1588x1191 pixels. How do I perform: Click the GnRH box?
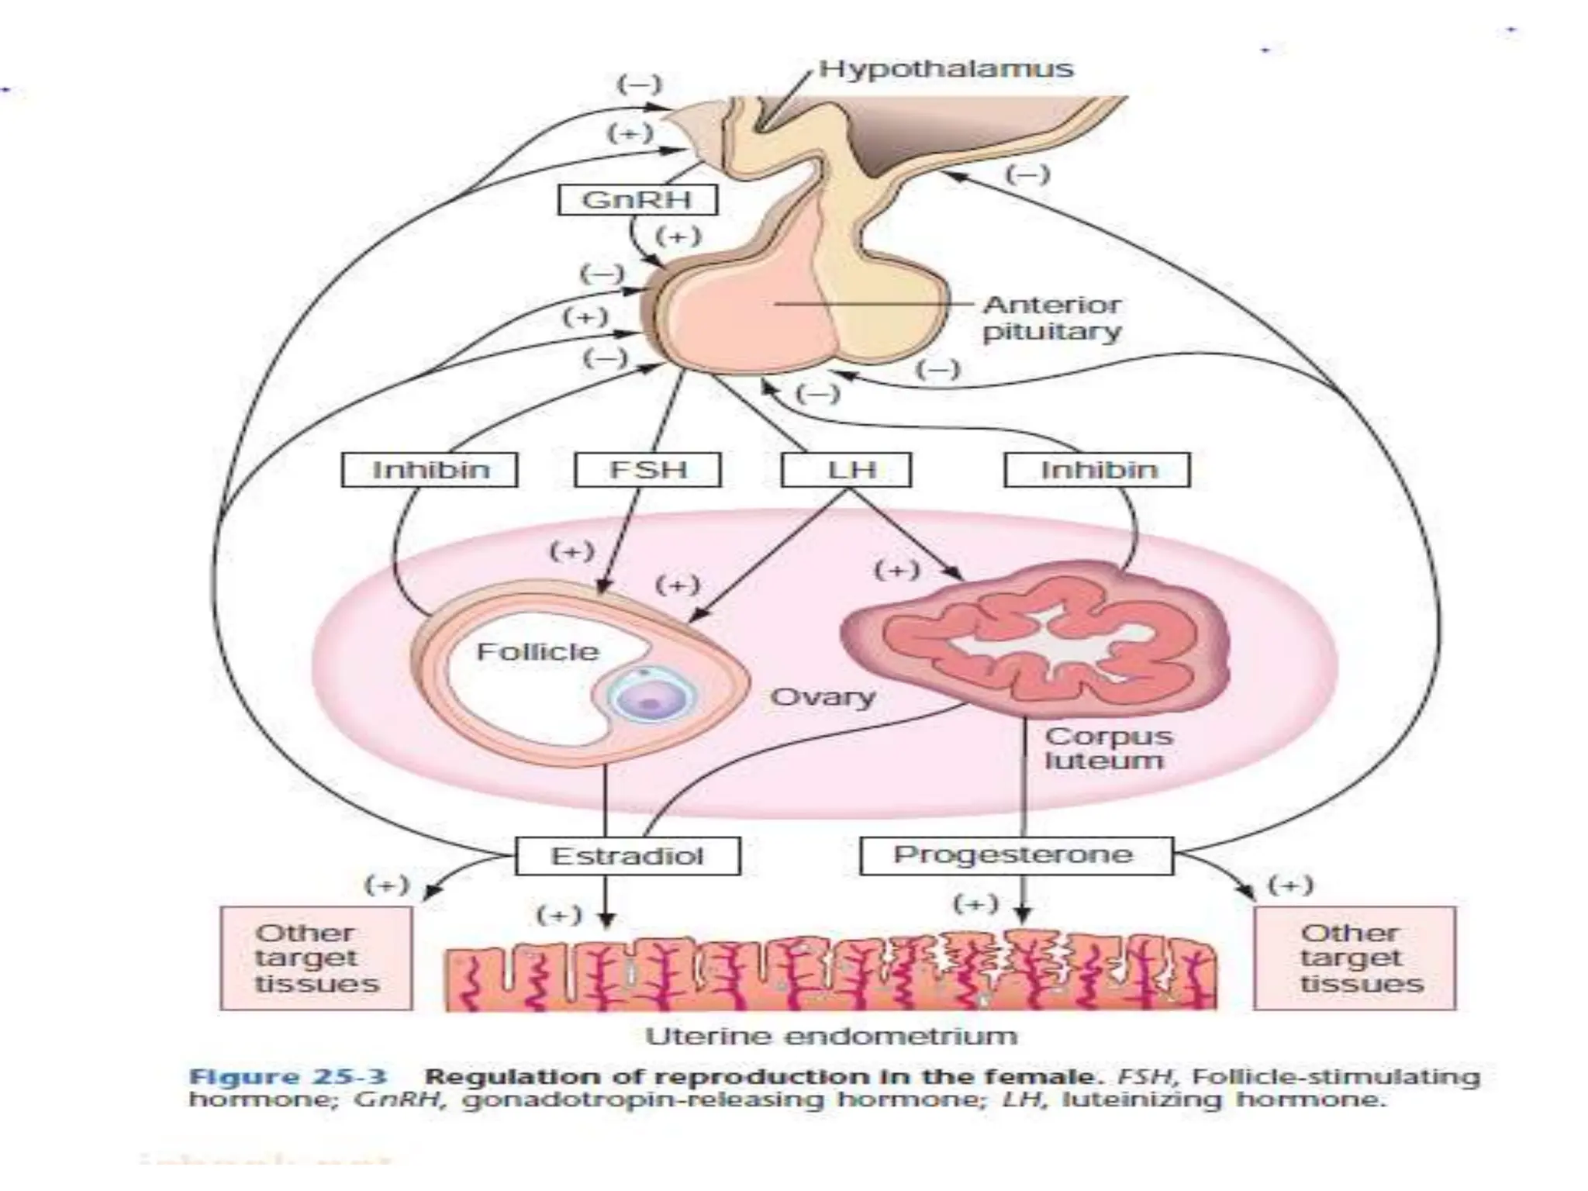click(x=637, y=200)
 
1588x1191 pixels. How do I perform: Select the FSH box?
click(x=647, y=470)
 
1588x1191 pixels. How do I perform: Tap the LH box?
click(x=846, y=470)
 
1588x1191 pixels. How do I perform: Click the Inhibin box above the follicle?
click(x=430, y=470)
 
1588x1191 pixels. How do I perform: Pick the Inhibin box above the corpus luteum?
click(x=1096, y=470)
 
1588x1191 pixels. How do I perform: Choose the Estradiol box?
click(x=627, y=856)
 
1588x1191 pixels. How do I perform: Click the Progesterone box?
click(x=1016, y=855)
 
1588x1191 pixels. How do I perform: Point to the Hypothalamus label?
click(x=946, y=68)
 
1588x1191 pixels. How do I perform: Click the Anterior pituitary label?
click(x=1051, y=318)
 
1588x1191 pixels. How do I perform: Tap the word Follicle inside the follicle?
click(x=537, y=651)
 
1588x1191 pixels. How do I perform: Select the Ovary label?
click(x=823, y=697)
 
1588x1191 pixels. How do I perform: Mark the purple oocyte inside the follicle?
click(x=650, y=695)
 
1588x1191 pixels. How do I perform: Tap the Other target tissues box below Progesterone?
click(x=1355, y=958)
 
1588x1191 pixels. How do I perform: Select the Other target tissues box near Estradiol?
click(x=316, y=958)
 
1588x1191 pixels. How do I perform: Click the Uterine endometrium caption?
click(x=830, y=1036)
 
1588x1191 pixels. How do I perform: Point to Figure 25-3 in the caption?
click(x=288, y=1077)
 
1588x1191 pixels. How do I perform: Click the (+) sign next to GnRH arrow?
click(x=678, y=236)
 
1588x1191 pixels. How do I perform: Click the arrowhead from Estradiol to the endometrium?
click(x=607, y=920)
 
